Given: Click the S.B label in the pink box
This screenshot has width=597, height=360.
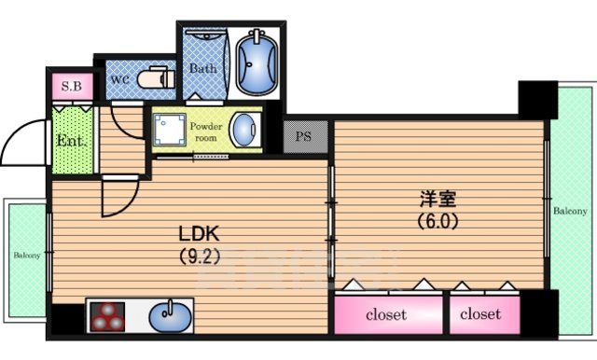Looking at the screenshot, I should click(72, 88).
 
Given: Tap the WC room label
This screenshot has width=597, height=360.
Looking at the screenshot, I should click(120, 80).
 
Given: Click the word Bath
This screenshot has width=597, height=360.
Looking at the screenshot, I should click(203, 69).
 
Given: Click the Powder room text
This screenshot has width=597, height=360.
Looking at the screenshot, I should click(204, 131).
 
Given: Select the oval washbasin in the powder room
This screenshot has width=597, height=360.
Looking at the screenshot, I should click(244, 130).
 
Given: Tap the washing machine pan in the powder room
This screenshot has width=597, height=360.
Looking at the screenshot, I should click(172, 131).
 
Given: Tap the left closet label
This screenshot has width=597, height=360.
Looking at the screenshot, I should click(385, 314).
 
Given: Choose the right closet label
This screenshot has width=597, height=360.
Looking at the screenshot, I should click(480, 314).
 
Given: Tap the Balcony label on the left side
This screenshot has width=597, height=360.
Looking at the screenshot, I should click(26, 254).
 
